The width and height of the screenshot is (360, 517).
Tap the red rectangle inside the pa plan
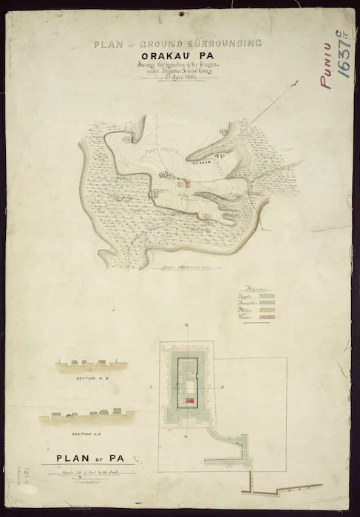[190, 400]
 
